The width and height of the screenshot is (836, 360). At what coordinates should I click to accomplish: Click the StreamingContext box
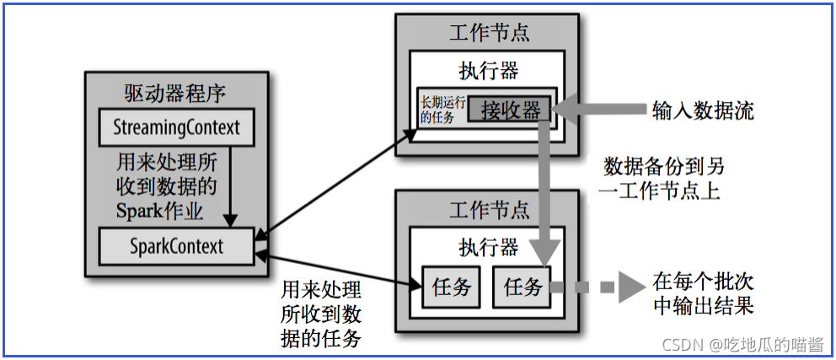coord(176,128)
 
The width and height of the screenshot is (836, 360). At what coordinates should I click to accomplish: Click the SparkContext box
coord(176,246)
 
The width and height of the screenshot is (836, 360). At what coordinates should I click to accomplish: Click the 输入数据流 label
coord(703,110)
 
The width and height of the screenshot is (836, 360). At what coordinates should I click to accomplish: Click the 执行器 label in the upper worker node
coord(488,70)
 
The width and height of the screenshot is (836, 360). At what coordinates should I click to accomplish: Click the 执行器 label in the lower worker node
coord(488,247)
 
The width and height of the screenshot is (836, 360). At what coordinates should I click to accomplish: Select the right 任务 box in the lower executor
coord(522,287)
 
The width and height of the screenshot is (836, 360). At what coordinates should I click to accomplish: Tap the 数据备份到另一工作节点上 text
coord(663,177)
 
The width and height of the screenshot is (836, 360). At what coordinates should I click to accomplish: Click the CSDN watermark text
coord(742,345)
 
